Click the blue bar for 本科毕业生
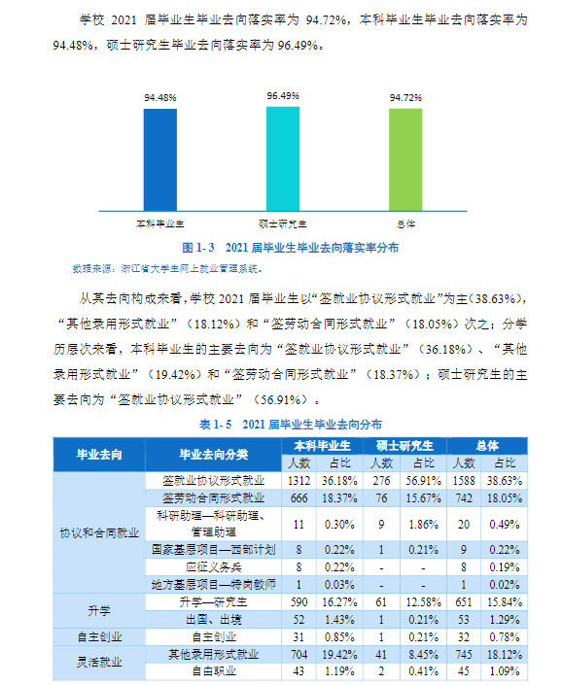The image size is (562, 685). tap(159, 159)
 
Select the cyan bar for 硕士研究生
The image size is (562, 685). tap(283, 157)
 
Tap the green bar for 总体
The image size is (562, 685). tap(405, 159)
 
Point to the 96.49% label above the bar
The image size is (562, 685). tap(283, 96)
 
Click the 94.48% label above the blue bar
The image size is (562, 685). tap(159, 98)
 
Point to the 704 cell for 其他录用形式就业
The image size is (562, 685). tap(298, 654)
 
